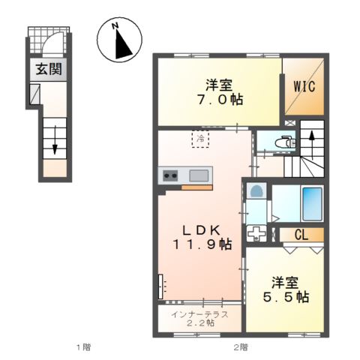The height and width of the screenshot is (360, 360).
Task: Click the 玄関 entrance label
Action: pos(46,71)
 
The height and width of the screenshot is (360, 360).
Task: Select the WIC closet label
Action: pos(303,87)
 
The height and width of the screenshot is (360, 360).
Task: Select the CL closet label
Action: pos(301,235)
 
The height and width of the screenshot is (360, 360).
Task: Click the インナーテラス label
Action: pos(199,313)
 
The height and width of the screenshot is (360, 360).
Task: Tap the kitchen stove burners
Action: pos(170,176)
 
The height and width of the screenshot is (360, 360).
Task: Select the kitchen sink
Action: pos(199,176)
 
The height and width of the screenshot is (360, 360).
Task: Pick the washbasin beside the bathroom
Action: pos(256,193)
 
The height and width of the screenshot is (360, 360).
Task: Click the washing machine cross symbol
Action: pos(257,232)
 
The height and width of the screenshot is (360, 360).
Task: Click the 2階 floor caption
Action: pos(240,347)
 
